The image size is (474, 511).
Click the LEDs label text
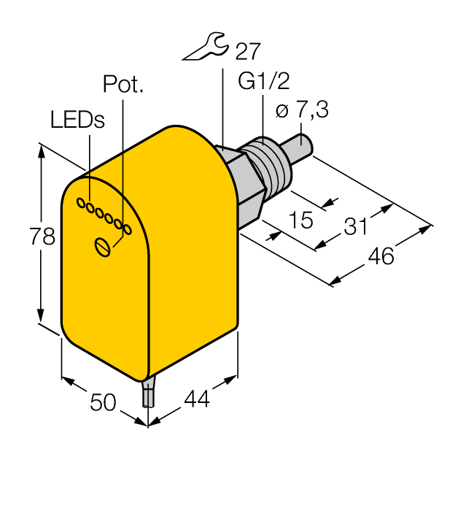pos(77,120)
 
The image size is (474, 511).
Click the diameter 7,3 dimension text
pos(302,110)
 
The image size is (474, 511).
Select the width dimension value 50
pos(102,401)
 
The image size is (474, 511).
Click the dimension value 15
pos(300,218)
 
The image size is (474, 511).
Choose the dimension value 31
pos(356,227)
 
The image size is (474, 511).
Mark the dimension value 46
pos(380,255)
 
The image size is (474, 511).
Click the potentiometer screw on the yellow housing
pos(104,247)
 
